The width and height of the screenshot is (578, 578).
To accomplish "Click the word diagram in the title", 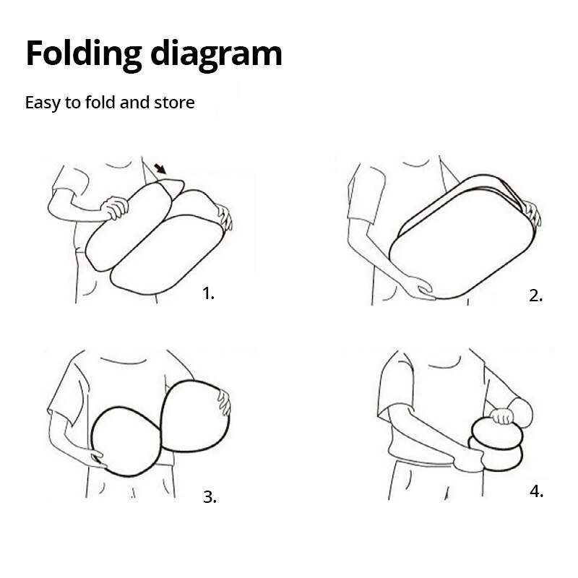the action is (x=216, y=55).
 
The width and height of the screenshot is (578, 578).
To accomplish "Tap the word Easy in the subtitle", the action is (x=43, y=103).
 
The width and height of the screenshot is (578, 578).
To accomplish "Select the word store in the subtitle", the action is (x=174, y=103).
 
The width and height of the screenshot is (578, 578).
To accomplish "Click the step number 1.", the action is (x=208, y=294).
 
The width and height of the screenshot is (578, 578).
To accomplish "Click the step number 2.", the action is (x=535, y=296).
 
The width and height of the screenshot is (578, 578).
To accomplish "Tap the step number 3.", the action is (x=210, y=497).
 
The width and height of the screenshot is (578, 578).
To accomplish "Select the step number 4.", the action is (x=536, y=491).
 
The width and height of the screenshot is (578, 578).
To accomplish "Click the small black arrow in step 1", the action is (x=160, y=169).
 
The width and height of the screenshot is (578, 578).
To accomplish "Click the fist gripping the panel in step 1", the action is (x=115, y=208).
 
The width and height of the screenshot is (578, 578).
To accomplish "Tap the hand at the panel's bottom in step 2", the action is (x=420, y=288).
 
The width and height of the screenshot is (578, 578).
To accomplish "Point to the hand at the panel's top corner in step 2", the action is (x=532, y=213).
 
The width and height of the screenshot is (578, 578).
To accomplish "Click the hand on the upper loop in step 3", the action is (x=224, y=402).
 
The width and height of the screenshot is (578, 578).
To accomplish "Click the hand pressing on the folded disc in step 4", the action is (x=501, y=416).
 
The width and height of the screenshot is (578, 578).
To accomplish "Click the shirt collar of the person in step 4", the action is (x=444, y=366).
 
